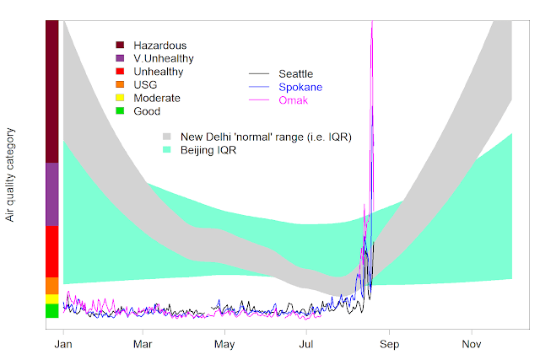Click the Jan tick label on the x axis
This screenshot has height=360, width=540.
(62, 345)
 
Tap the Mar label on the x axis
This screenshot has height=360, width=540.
(143, 345)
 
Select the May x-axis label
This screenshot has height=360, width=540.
(224, 345)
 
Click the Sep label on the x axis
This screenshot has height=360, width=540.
(388, 345)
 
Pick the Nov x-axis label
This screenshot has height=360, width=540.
(471, 345)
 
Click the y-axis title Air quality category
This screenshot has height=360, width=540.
(11, 175)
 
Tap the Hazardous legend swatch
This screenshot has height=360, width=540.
(121, 46)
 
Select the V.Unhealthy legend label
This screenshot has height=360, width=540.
(164, 58)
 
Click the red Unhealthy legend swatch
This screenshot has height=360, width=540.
(121, 72)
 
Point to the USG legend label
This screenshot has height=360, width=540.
(145, 85)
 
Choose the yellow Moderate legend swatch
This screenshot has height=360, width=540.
(121, 98)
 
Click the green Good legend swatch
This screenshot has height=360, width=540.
(121, 111)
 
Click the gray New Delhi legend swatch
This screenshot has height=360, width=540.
(167, 136)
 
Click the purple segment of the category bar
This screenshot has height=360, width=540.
(51, 194)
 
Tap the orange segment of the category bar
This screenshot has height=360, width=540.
(51, 285)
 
